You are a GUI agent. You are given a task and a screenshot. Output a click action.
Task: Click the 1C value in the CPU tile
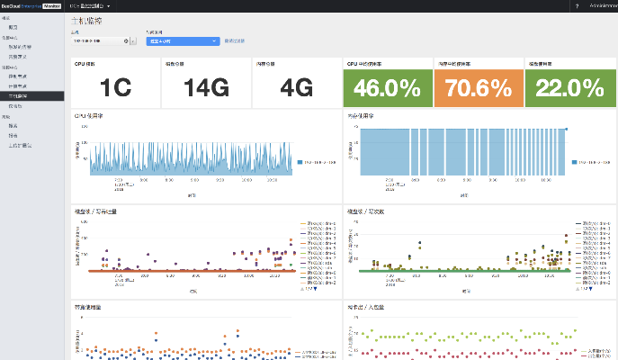click(116, 88)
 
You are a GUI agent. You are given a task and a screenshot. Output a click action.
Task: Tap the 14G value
click(207, 88)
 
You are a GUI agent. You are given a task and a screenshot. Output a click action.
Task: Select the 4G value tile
click(296, 88)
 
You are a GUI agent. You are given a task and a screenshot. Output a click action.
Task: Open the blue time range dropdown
click(183, 40)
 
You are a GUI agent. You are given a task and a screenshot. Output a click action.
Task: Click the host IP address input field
click(99, 40)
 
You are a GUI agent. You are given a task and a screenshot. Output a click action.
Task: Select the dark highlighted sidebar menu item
click(32, 94)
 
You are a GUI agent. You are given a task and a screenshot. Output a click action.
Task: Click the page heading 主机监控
click(85, 20)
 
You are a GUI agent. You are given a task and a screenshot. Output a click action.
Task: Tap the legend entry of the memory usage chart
click(591, 163)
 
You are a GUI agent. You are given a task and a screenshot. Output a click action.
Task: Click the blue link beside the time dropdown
click(234, 40)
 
